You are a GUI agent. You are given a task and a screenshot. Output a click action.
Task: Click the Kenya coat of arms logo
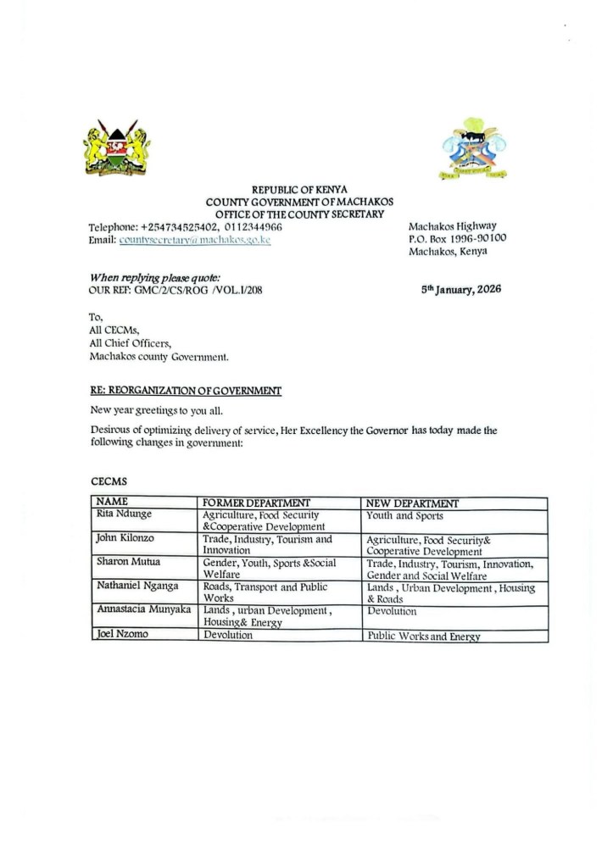coord(117,147)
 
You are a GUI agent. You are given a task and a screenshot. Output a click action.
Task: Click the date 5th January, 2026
coord(461,289)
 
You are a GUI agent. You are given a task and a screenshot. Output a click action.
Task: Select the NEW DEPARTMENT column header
coord(412,503)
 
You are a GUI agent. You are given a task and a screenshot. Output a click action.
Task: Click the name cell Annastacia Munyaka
coord(143,609)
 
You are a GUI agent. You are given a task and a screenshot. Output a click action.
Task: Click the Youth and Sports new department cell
coord(404,514)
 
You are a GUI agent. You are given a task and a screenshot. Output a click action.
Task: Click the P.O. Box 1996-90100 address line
coord(458,239)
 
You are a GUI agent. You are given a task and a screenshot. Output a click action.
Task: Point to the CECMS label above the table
coord(108,481)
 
